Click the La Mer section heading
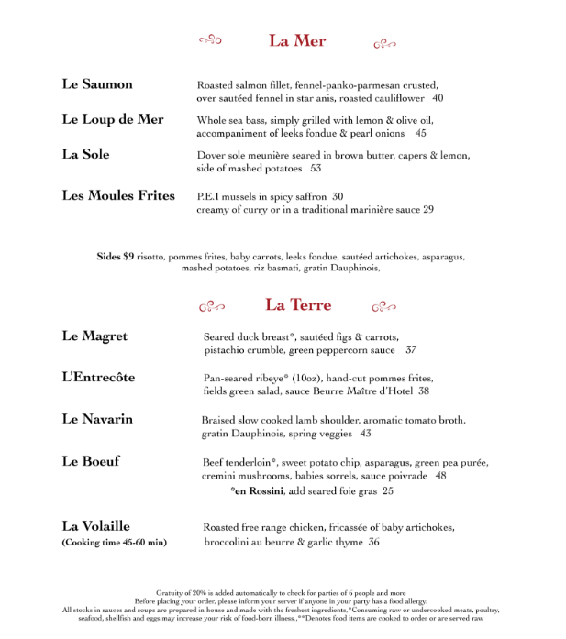[297, 40]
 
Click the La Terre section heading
[298, 305]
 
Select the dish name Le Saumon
[97, 84]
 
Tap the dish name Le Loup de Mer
[113, 120]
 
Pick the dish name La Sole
[85, 155]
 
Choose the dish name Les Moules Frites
[118, 195]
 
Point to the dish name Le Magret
[94, 337]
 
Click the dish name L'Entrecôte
[98, 378]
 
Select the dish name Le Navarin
[97, 419]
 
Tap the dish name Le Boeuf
[91, 461]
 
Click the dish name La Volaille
[96, 526]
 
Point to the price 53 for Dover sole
[316, 169]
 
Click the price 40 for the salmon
[438, 98]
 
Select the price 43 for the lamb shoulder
[365, 434]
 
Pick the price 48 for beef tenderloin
[440, 476]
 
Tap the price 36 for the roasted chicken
[373, 542]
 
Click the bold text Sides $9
[116, 257]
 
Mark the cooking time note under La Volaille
[115, 543]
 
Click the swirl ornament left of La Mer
[211, 39]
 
